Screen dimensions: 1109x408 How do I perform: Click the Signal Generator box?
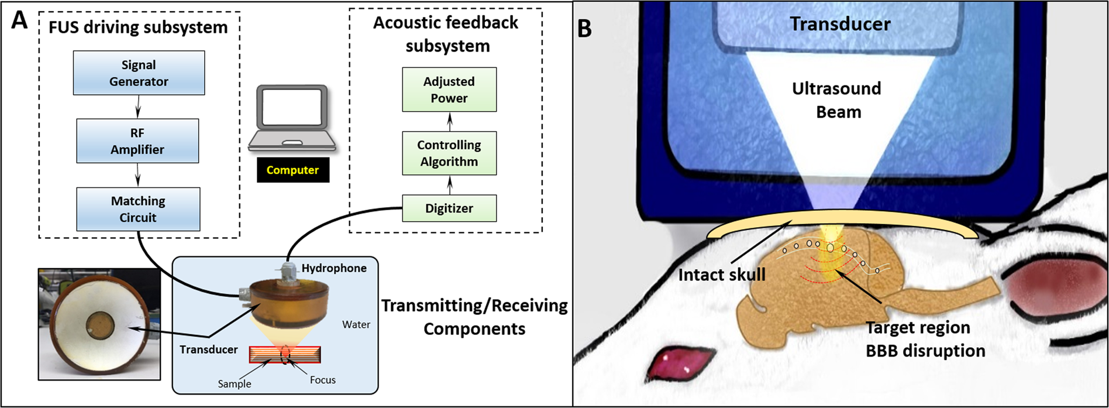tap(139, 73)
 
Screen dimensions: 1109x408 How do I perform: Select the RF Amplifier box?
tap(137, 141)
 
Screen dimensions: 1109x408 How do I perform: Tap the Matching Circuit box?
tap(138, 209)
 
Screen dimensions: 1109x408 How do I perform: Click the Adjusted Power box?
tap(449, 90)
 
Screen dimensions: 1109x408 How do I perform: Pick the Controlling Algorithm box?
tap(449, 153)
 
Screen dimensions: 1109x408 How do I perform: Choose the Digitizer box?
tap(449, 208)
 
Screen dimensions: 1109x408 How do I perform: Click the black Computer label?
tap(292, 170)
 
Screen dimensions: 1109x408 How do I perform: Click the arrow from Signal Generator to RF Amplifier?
tap(138, 107)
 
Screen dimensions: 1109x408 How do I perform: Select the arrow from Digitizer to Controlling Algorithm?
tap(449, 185)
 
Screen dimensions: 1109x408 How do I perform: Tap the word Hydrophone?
tap(334, 268)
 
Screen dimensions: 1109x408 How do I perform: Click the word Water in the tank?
tap(356, 324)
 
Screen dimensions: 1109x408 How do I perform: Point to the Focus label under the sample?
tap(323, 380)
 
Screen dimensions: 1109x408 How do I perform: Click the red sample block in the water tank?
tap(285, 354)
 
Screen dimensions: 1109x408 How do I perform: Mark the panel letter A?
tap(19, 21)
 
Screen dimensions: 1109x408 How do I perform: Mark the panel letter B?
tap(584, 28)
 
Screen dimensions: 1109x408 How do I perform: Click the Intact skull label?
tap(722, 274)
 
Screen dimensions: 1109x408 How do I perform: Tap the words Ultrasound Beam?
tap(837, 100)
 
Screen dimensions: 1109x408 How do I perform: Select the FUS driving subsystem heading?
tap(138, 27)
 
